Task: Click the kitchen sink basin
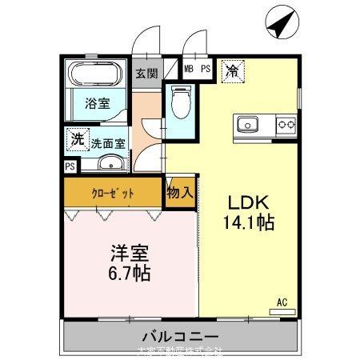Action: point(246,124)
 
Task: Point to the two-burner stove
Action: point(286,124)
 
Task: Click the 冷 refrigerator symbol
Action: point(230,70)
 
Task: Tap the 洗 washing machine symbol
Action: point(77,138)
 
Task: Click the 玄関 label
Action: point(146,72)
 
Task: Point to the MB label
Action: point(190,70)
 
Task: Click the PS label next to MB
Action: point(206,70)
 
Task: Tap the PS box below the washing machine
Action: point(70,166)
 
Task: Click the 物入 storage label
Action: point(180,193)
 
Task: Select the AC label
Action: point(282,302)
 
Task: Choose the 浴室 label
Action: point(98,103)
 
